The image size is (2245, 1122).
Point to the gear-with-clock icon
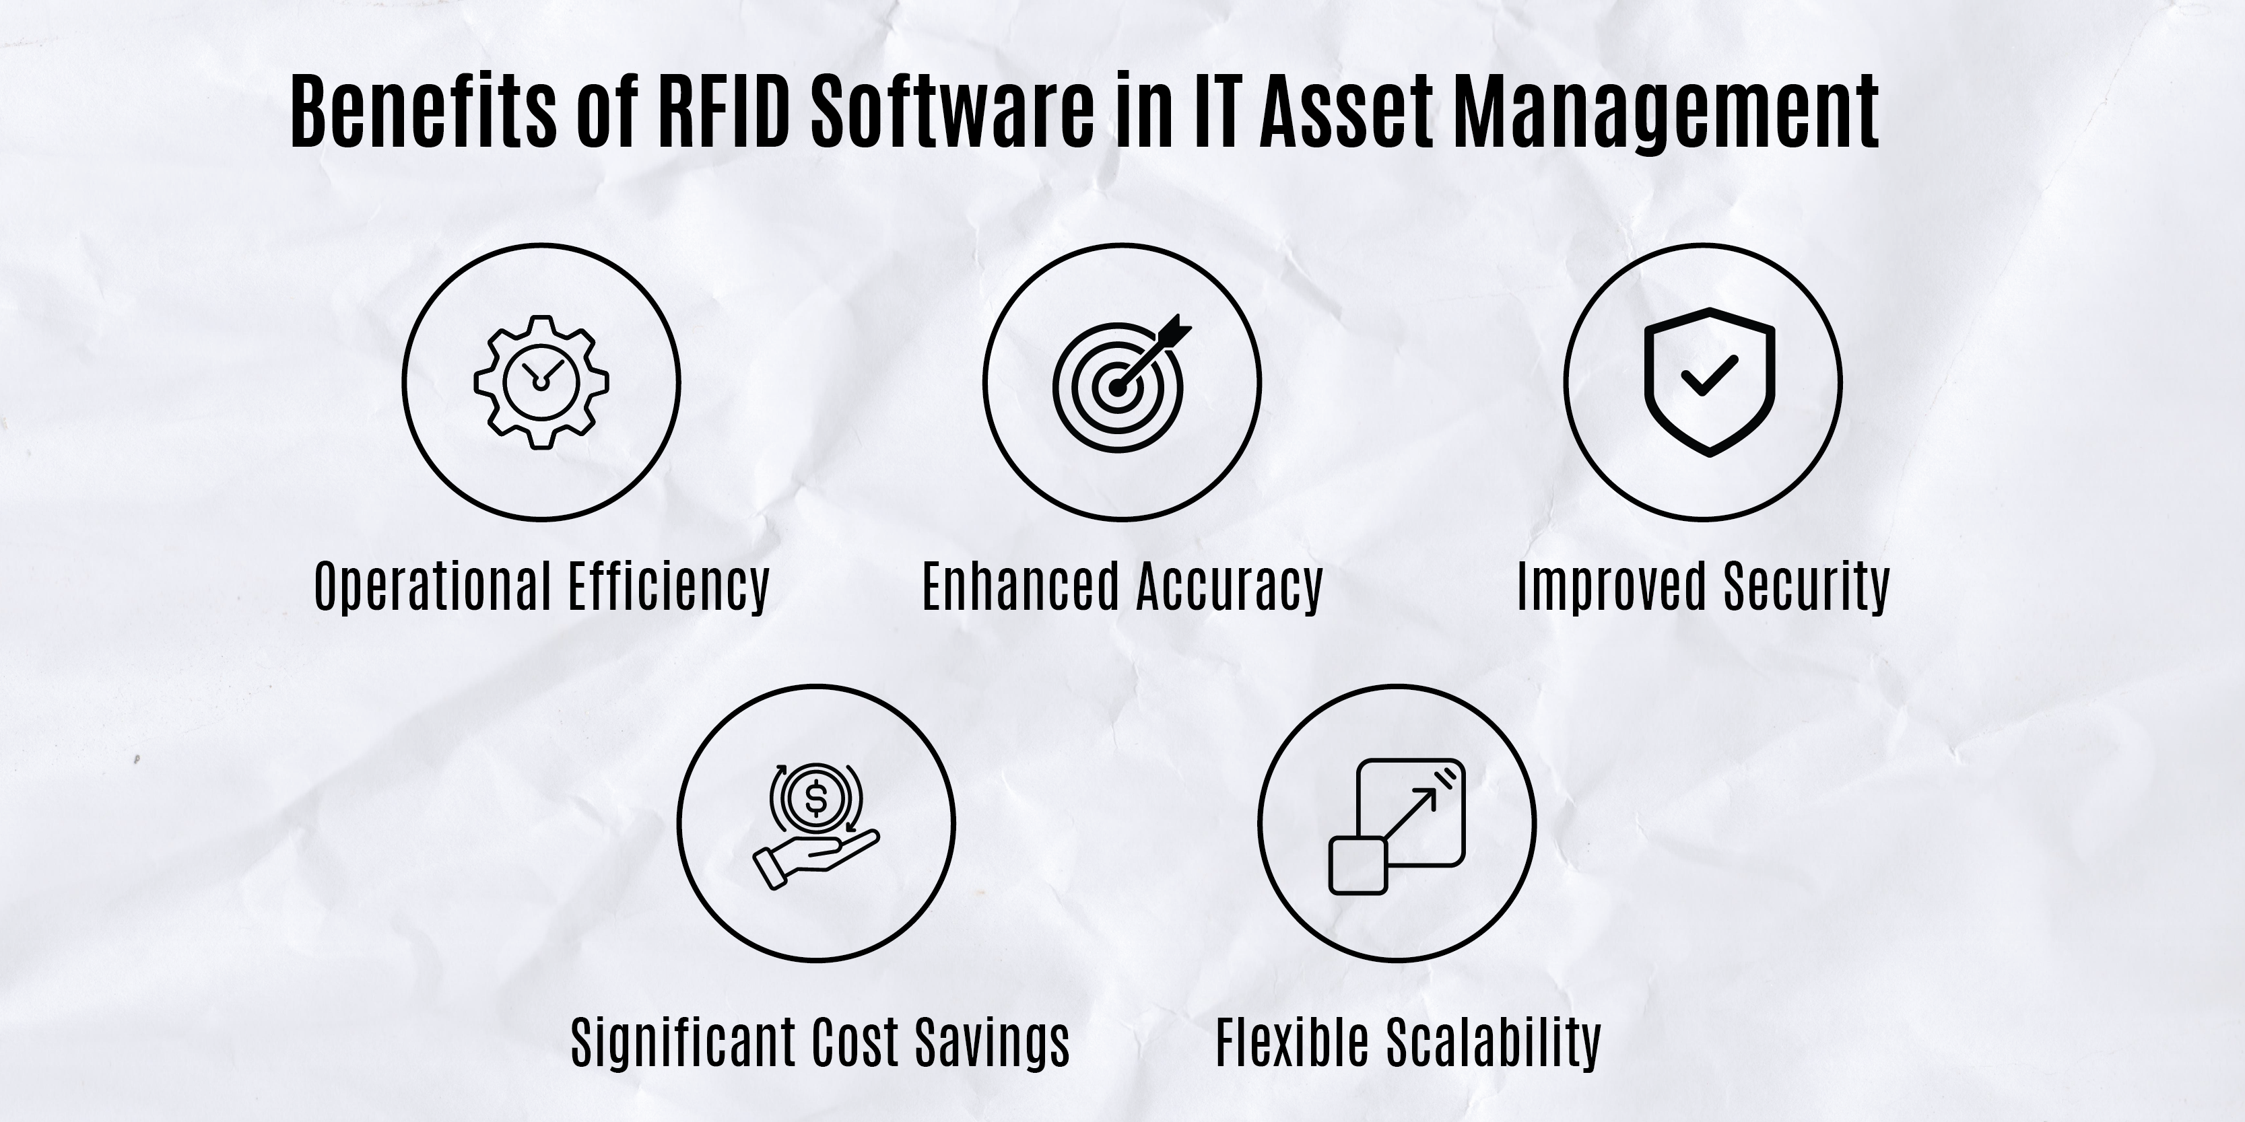pos(541,382)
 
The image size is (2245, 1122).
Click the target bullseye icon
pos(1120,382)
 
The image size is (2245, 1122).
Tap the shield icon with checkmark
pos(1709,382)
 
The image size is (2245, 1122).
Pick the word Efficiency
pos(669,587)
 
